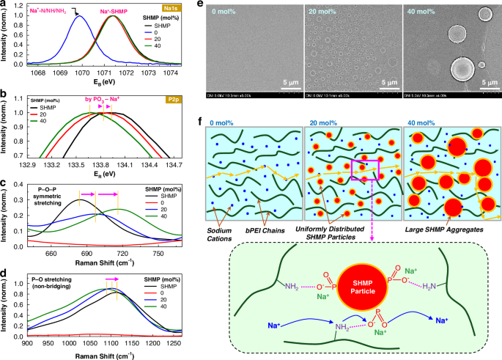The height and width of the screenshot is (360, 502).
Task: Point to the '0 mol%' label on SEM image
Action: [224, 11]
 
